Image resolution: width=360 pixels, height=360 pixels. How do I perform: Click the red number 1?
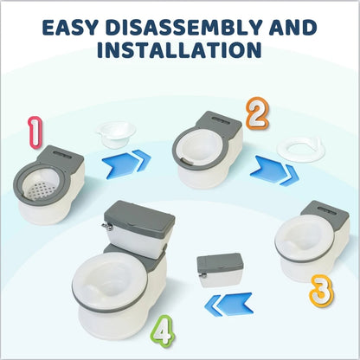(34, 132)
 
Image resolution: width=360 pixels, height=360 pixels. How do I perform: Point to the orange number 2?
(255, 113)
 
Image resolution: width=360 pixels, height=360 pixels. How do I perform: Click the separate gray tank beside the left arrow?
(218, 268)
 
